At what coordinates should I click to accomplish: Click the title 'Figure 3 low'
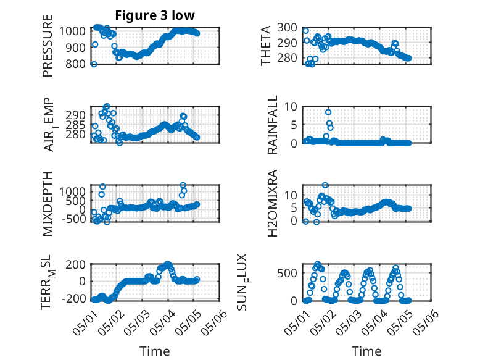point(155,15)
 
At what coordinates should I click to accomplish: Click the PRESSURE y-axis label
point(48,46)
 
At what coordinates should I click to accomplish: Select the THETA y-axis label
point(266,46)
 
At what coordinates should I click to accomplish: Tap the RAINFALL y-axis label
point(272,125)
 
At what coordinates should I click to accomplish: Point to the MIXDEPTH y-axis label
point(48,204)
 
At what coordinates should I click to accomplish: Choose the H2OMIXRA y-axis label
point(272,203)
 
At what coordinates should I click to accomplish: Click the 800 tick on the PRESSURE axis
point(75,64)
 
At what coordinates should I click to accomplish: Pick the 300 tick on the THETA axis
point(287,28)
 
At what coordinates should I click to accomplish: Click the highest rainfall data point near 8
point(328,112)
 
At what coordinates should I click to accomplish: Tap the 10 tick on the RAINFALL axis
point(291,107)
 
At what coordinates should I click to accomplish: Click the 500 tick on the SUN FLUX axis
point(287,273)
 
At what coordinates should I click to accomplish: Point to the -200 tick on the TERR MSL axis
point(73,298)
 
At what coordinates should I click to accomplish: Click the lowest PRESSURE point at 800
point(94,64)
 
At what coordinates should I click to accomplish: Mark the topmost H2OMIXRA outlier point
point(325,185)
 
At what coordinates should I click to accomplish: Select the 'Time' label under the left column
point(155,351)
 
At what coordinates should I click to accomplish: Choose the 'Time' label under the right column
point(366,351)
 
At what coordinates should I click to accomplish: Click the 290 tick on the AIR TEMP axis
point(75,115)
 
